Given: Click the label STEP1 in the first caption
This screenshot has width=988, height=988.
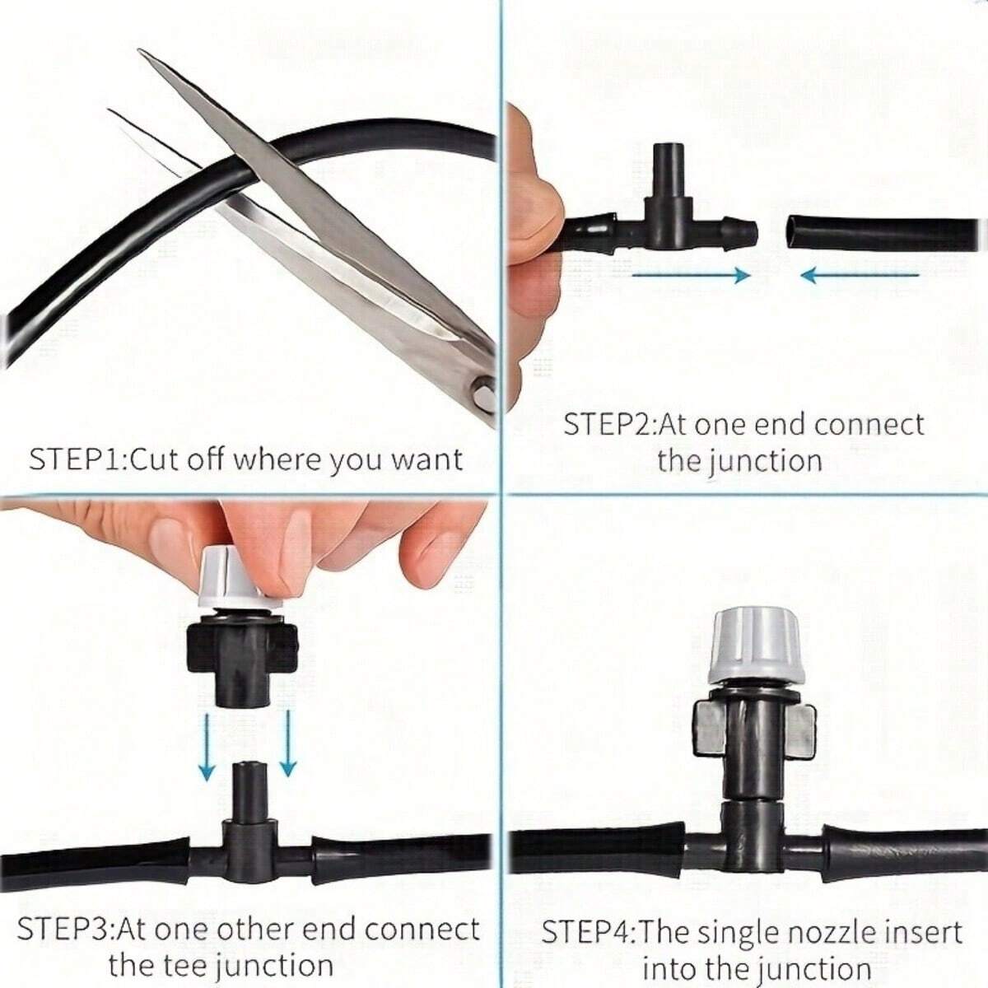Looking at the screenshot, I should (77, 459).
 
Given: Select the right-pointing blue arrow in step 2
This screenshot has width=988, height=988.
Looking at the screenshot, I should (690, 275).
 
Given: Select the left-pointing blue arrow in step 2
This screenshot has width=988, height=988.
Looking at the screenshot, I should (860, 275).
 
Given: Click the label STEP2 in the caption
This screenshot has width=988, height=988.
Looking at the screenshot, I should (609, 425).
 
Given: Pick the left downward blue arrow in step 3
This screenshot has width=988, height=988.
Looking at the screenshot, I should (207, 746).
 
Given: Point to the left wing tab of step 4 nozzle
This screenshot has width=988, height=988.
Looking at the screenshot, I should (710, 729).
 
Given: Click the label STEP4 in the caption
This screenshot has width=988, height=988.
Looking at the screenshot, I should (588, 933).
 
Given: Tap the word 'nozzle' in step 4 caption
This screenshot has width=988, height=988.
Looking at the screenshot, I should (832, 933).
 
